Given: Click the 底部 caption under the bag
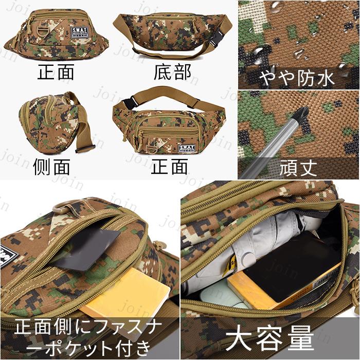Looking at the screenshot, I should point(172,72).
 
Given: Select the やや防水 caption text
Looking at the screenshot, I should point(298,78).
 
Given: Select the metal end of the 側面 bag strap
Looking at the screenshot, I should point(85,149).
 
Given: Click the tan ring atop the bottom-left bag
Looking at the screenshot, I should point(62,208).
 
